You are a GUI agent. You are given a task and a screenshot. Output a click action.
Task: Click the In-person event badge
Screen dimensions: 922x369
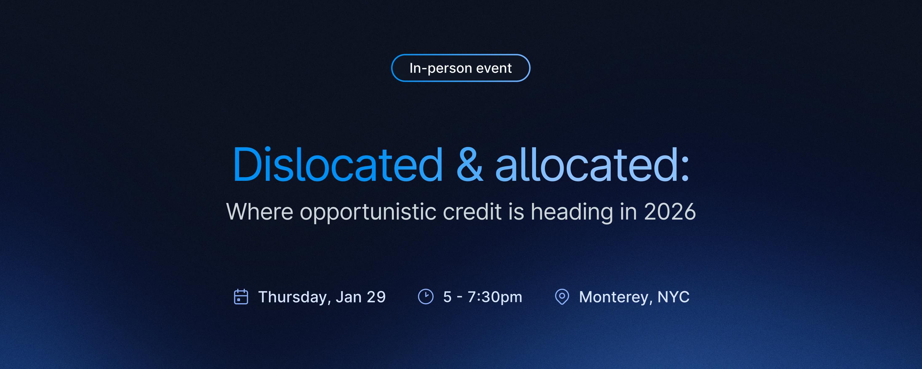point(461,68)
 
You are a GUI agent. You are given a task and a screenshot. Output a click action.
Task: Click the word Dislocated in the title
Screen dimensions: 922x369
point(338,165)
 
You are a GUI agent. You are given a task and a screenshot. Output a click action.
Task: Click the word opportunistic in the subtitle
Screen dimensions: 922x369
point(368,212)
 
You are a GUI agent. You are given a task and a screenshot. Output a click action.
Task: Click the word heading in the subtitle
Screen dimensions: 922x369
point(572,212)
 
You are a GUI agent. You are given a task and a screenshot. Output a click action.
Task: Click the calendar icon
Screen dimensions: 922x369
point(241,297)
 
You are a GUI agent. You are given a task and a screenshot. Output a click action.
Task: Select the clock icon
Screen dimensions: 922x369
point(426,297)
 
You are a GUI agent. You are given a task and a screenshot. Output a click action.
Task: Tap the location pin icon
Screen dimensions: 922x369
point(562,297)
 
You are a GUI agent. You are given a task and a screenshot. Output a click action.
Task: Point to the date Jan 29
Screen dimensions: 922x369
point(361,297)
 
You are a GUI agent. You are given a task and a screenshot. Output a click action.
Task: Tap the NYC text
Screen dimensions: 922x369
point(673,297)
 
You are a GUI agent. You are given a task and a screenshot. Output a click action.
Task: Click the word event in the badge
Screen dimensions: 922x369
point(494,68)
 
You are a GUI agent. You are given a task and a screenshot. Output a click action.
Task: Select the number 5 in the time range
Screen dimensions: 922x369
point(447,297)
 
